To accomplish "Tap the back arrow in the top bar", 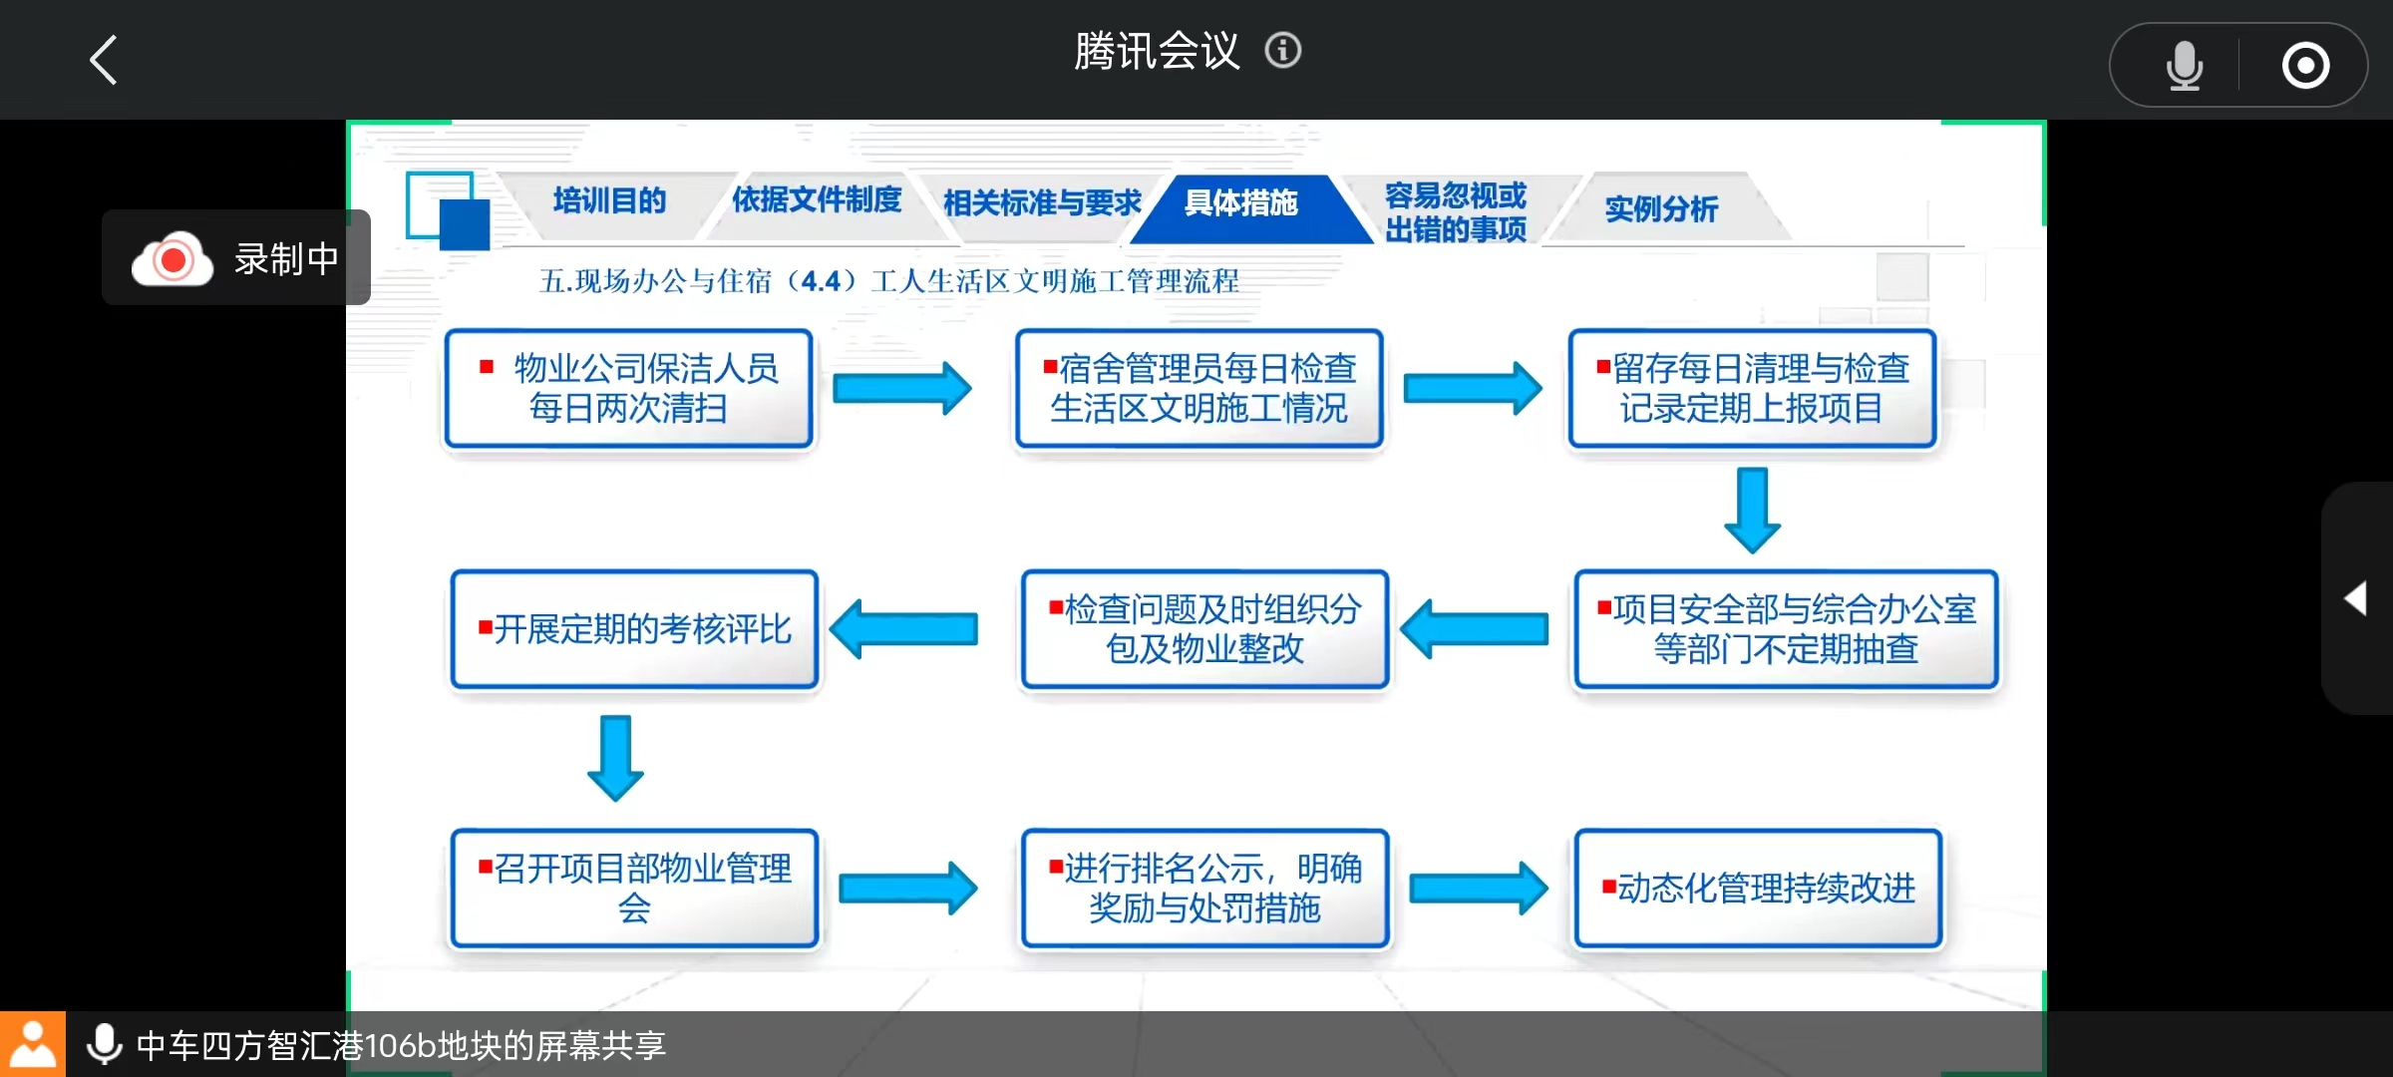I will pyautogui.click(x=105, y=60).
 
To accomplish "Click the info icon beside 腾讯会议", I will pyautogui.click(x=1283, y=50).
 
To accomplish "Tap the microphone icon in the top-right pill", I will pyautogui.click(x=2184, y=66).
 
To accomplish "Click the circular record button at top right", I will pyautogui.click(x=2305, y=66).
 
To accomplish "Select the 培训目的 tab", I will pyautogui.click(x=609, y=201).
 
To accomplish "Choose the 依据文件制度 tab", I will pyautogui.click(x=817, y=200).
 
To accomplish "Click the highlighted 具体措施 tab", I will pyautogui.click(x=1241, y=203).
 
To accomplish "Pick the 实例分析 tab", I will pyautogui.click(x=1661, y=208).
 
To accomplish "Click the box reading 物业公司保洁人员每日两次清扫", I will pyautogui.click(x=629, y=388).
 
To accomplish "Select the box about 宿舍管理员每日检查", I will pyautogui.click(x=1199, y=388).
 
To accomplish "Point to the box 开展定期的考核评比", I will pyautogui.click(x=635, y=629).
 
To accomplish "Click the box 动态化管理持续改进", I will pyautogui.click(x=1759, y=888).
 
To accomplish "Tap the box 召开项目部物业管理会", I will pyautogui.click(x=635, y=888).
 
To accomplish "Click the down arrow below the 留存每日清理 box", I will pyautogui.click(x=1752, y=510).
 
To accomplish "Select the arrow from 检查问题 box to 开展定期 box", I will pyautogui.click(x=903, y=629).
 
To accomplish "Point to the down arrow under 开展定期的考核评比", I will pyautogui.click(x=615, y=758).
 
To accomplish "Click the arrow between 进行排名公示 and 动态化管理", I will pyautogui.click(x=1479, y=888).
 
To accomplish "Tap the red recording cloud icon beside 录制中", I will pyautogui.click(x=172, y=259).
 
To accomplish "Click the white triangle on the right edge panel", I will pyautogui.click(x=2355, y=598).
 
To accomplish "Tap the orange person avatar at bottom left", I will pyautogui.click(x=33, y=1044).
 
